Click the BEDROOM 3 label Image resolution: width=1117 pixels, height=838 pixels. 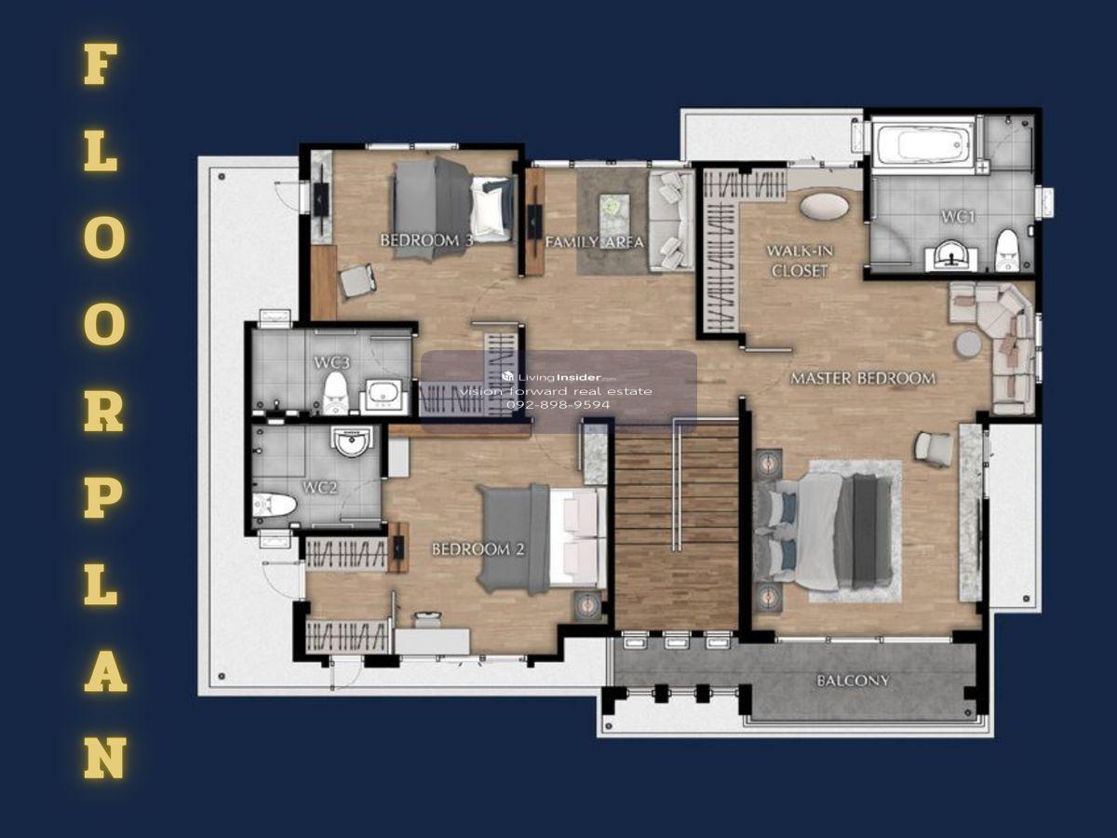pos(426,240)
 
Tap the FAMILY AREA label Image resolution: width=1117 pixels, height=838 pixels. pos(595,242)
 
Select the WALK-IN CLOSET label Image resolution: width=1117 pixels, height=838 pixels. pos(800,261)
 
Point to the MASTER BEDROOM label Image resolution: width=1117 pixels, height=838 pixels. pos(863,379)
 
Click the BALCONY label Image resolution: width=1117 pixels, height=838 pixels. pos(853,681)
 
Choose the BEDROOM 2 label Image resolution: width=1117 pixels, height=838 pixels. pos(478,549)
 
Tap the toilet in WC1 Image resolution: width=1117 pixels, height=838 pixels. pos(1006,250)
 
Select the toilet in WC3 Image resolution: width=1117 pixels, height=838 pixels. pos(335,393)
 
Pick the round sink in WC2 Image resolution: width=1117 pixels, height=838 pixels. pos(352,441)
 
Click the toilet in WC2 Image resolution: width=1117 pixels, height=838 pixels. pos(275,505)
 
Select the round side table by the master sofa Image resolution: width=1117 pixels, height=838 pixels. pos(968,345)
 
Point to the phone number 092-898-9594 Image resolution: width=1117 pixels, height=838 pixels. pos(558,405)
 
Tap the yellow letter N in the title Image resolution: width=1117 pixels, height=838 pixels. pos(105,758)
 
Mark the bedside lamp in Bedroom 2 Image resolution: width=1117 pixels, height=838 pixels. pos(589,604)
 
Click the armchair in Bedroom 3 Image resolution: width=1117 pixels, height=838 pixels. pos(357,280)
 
